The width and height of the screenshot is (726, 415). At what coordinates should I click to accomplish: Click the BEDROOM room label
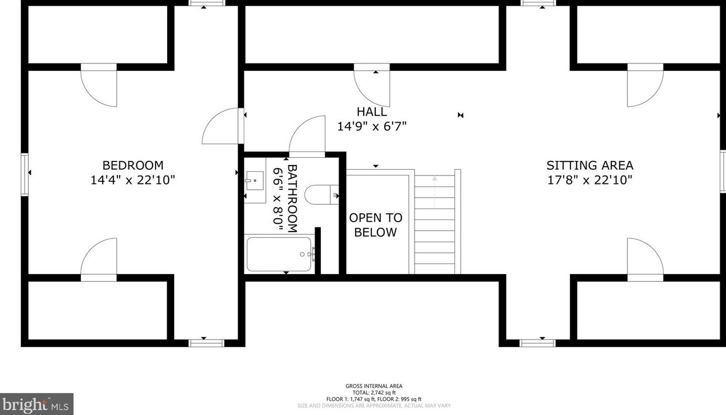click(x=133, y=166)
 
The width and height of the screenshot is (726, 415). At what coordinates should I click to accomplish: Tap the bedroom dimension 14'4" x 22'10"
click(x=133, y=180)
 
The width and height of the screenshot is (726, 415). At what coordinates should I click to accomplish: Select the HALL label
click(x=372, y=112)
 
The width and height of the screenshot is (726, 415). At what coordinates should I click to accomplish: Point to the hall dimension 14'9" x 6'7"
click(x=372, y=126)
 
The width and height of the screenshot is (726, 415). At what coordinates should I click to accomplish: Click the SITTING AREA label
click(x=590, y=166)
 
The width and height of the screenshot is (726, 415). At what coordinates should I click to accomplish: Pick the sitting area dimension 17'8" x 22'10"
click(x=590, y=180)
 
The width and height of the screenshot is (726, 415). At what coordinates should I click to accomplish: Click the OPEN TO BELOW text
click(x=376, y=225)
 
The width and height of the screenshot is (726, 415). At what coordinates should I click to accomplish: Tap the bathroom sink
click(x=255, y=180)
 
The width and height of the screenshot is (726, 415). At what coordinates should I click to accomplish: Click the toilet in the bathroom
click(x=321, y=195)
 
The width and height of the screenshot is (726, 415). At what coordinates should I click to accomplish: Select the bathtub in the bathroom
click(x=279, y=254)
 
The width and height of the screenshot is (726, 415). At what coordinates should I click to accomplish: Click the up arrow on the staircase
click(x=435, y=191)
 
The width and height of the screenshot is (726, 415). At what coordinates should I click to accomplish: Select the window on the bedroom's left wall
click(x=25, y=175)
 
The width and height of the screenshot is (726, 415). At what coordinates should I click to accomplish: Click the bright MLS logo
click(x=36, y=405)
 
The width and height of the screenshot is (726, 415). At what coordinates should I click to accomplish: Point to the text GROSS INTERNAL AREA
click(x=374, y=386)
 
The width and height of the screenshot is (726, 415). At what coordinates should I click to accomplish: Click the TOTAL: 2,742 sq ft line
click(x=374, y=392)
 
